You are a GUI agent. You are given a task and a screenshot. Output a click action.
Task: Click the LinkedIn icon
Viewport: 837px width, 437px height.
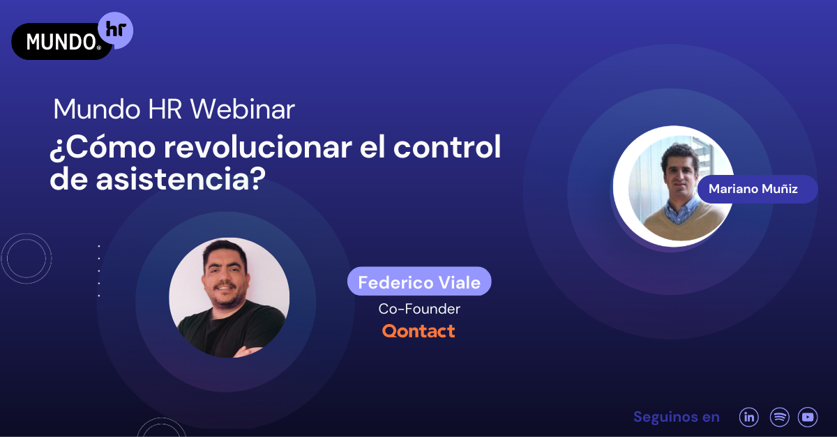(749, 417)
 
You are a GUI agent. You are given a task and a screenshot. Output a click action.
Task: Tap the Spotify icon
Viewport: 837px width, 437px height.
(779, 417)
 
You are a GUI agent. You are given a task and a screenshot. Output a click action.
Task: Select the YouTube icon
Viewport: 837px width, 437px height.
(808, 417)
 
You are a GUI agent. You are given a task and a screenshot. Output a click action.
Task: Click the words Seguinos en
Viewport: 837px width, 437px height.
(676, 417)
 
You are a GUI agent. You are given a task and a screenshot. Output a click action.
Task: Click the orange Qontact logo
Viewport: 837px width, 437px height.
(418, 330)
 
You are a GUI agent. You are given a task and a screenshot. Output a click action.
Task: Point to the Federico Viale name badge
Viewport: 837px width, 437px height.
(419, 282)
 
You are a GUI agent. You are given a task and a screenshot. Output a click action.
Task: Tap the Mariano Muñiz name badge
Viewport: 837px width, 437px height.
(757, 189)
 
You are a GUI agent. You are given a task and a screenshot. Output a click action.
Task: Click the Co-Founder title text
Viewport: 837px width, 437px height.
(419, 308)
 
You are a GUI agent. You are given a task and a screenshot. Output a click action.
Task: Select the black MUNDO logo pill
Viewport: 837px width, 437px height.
(61, 42)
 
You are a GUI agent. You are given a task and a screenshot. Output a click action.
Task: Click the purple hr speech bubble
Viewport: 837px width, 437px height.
(115, 30)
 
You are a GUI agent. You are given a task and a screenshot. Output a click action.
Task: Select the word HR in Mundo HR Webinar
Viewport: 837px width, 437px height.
(167, 109)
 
